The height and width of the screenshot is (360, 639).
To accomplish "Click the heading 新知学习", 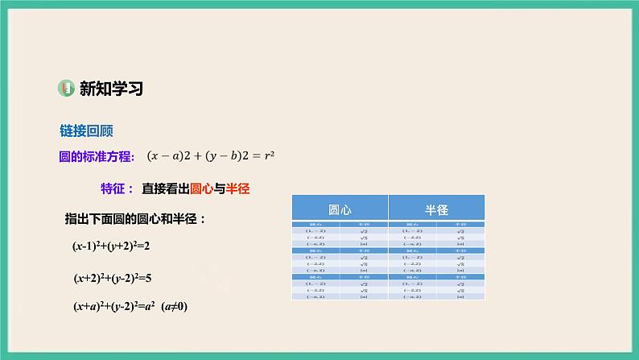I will (x=111, y=89).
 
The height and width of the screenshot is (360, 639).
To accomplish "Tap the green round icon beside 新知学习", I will (x=67, y=89).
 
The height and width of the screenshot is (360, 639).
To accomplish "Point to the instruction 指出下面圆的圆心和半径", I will (x=135, y=218).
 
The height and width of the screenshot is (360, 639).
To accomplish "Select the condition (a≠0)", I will (x=175, y=307).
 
